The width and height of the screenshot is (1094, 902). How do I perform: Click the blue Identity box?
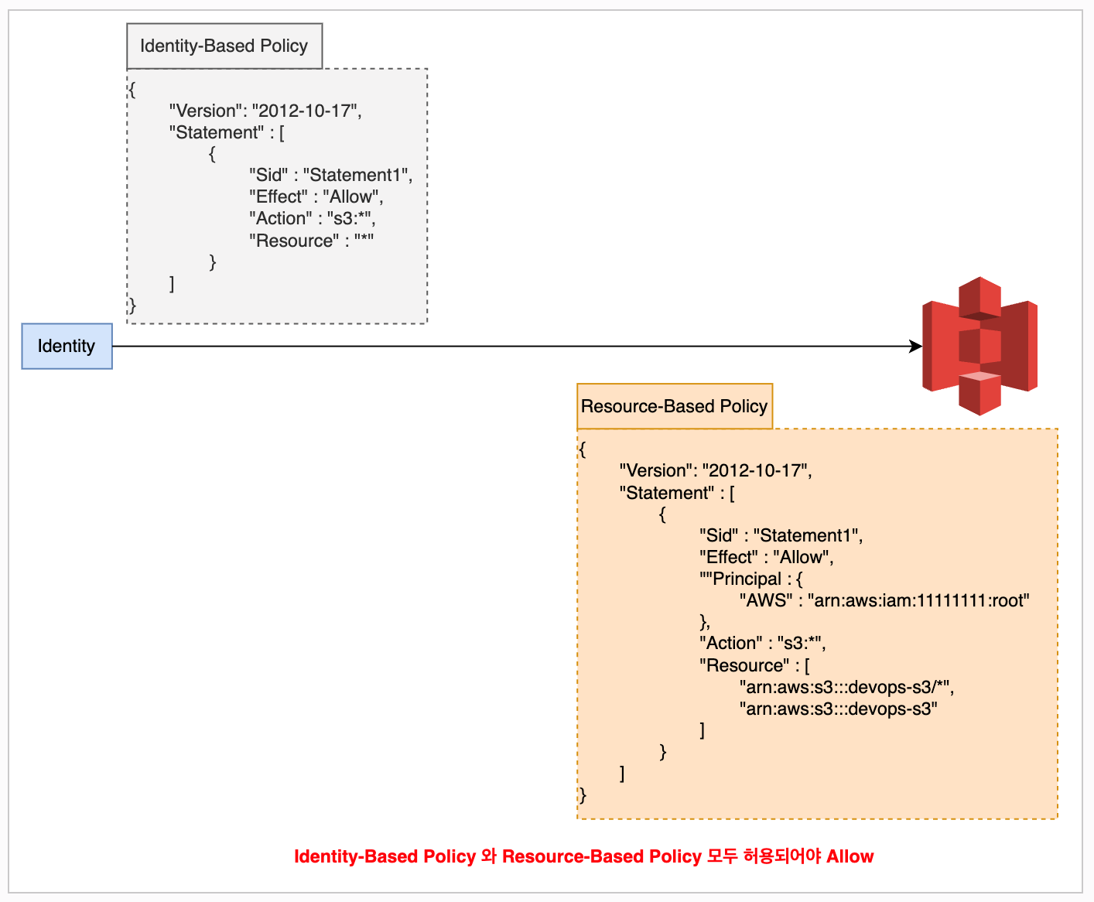point(67,346)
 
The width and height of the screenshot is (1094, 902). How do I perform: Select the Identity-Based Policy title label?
point(224,46)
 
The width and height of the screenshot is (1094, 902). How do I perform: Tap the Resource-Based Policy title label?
point(674,406)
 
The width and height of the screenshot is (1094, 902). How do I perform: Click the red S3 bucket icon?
point(979,346)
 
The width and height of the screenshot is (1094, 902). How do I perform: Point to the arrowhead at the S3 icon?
point(916,346)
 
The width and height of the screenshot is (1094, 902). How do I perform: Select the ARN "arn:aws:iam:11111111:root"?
point(918,600)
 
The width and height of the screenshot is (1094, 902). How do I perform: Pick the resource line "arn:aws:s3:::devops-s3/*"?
point(846,687)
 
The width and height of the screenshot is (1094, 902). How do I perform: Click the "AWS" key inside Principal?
point(766,600)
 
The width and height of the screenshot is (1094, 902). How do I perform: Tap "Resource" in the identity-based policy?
point(294,241)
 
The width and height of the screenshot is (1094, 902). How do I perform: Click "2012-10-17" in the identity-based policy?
point(305,111)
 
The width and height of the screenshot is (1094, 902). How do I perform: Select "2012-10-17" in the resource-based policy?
point(755,470)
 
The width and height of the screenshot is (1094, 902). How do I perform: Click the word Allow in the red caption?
point(850,856)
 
